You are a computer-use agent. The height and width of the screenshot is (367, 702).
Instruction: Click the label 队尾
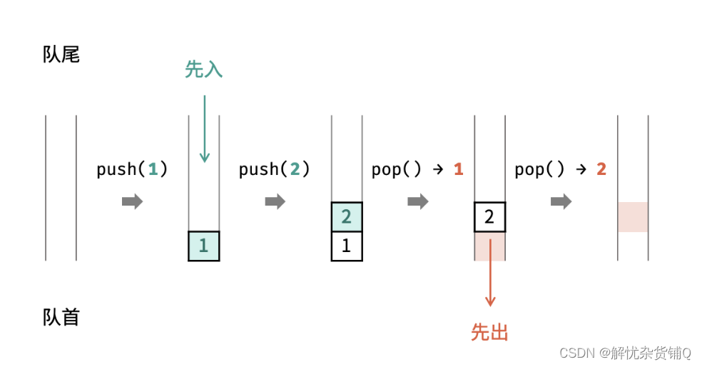pos(61,54)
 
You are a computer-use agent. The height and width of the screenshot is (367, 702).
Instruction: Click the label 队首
pos(61,317)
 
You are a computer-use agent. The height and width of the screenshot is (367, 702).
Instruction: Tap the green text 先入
pos(204,69)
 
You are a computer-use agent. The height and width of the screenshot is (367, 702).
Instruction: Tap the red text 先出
pos(490,332)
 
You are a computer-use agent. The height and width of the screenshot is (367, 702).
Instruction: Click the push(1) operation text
pos(132,169)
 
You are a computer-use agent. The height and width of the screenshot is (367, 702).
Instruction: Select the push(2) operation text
pos(275,169)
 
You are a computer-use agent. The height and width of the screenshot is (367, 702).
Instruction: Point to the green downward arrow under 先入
pos(204,129)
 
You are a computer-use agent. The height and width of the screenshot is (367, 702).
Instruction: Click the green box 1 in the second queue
pos(204,246)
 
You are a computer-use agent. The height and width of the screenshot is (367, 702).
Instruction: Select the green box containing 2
pos(347,217)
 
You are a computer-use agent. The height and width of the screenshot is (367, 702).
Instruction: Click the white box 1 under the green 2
pos(347,246)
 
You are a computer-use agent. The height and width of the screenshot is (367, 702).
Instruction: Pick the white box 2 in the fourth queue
pos(490,217)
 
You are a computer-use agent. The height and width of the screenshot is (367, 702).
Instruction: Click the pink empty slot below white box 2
pos(490,246)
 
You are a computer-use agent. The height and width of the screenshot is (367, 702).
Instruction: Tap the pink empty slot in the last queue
pos(633,217)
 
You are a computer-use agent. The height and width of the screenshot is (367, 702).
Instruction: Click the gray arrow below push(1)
pos(132,201)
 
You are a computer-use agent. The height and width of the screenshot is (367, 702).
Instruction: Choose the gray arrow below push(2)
pos(275,201)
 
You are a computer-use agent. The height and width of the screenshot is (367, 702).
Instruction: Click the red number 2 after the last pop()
pos(601,169)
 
